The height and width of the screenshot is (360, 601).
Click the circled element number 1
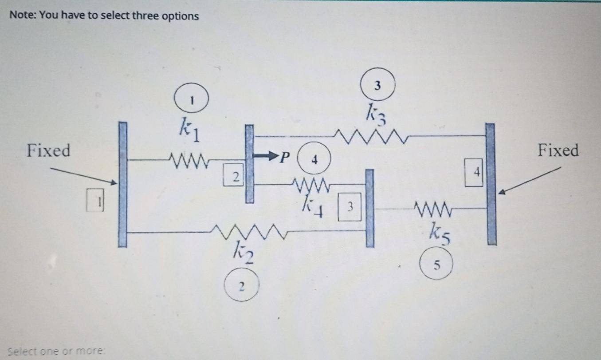[191, 99]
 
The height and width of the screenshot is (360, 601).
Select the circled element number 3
[377, 86]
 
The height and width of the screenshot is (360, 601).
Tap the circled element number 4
[314, 160]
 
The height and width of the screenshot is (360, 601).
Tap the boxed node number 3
[350, 206]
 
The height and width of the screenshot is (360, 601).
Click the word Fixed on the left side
[48, 151]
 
